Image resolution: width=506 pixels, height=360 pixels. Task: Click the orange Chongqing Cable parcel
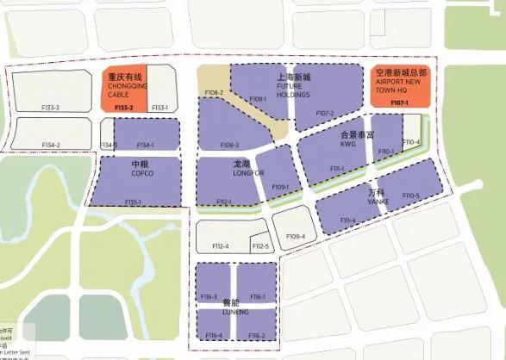click(x=123, y=89)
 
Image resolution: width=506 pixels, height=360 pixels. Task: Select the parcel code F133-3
click(x=51, y=108)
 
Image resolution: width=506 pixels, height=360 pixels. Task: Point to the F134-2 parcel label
click(x=51, y=145)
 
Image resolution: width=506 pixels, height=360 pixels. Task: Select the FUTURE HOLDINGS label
click(x=293, y=90)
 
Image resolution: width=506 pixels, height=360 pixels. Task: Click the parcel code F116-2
click(x=256, y=335)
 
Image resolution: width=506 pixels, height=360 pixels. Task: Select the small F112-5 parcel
click(x=260, y=246)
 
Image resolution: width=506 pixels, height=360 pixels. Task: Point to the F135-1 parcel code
click(x=134, y=202)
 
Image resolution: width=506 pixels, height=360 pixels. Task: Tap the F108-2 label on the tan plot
click(x=214, y=93)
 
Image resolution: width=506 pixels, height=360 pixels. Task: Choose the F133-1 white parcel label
click(x=159, y=108)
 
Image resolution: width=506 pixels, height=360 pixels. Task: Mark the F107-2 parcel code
click(x=324, y=113)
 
